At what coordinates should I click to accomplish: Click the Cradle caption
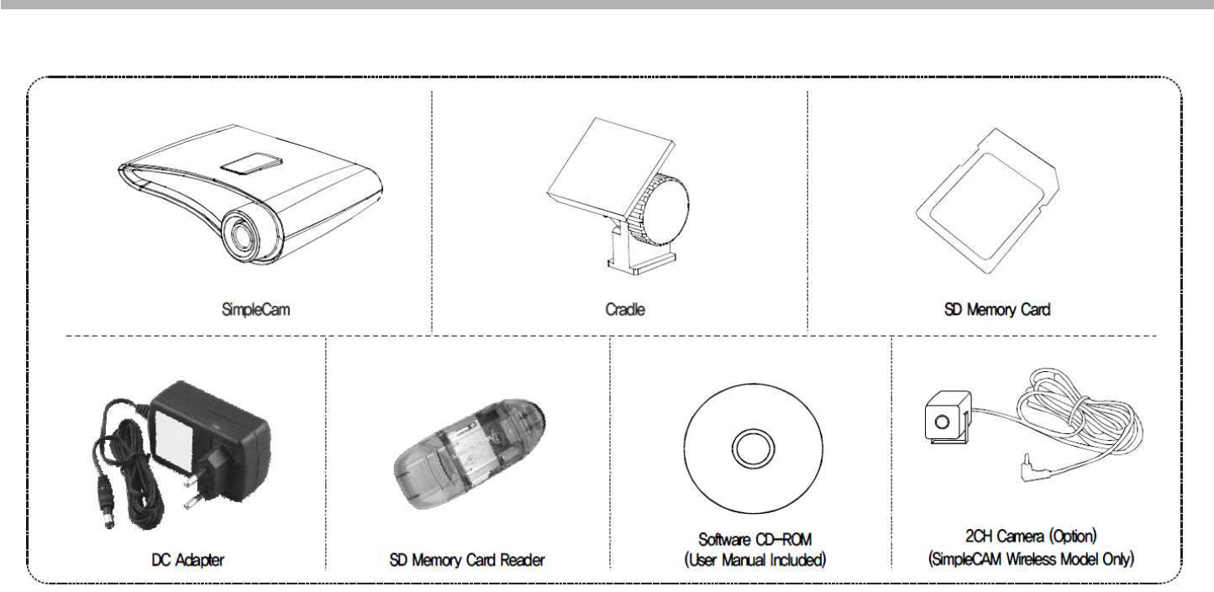[x=620, y=309]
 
